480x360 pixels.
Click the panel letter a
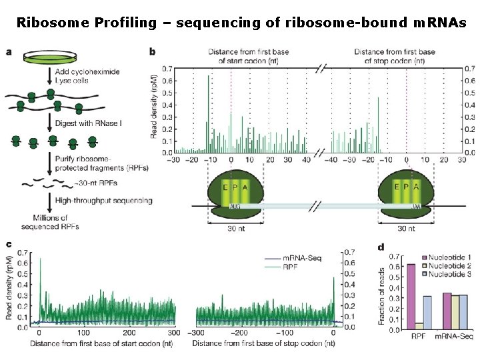(9, 51)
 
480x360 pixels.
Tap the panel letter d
(381, 247)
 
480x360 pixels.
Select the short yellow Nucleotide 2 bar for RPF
(419, 326)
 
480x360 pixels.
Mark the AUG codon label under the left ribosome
(235, 207)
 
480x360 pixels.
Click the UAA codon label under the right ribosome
(415, 207)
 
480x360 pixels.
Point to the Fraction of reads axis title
(382, 293)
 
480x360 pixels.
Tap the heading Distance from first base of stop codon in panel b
(394, 56)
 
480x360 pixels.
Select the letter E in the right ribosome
(397, 187)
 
